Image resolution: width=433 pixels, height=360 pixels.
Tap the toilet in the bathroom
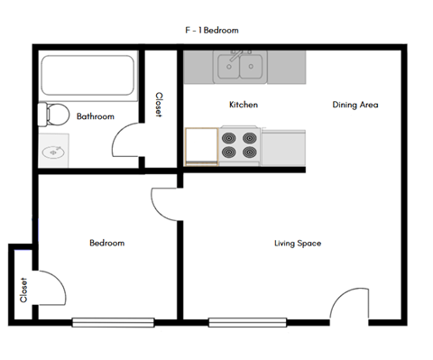pyautogui.click(x=53, y=115)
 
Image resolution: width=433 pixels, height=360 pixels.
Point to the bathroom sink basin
pyautogui.click(x=53, y=152)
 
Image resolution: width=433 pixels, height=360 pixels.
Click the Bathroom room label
pyautogui.click(x=95, y=116)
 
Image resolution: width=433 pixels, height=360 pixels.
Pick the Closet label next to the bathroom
pyautogui.click(x=160, y=106)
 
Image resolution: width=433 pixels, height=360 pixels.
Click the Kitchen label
pyautogui.click(x=244, y=106)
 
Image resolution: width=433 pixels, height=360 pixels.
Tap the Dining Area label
pyautogui.click(x=355, y=106)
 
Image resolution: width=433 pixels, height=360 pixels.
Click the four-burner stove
pyautogui.click(x=240, y=146)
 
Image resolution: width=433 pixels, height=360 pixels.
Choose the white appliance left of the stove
pyautogui.click(x=201, y=146)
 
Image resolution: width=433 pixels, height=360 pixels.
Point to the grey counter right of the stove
pyautogui.click(x=283, y=146)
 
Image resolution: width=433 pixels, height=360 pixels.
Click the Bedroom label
pyautogui.click(x=106, y=244)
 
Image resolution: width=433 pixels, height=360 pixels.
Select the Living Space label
pyautogui.click(x=298, y=244)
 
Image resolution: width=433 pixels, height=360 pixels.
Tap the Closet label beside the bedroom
pyautogui.click(x=23, y=290)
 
